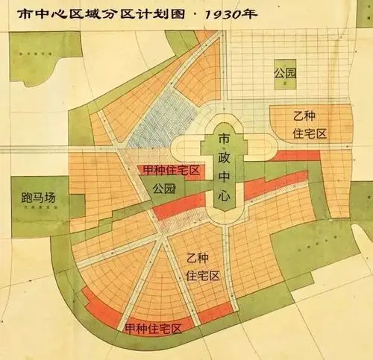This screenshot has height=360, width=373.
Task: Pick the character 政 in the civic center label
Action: [224, 158]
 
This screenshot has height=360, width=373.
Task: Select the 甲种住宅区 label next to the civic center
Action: [170, 171]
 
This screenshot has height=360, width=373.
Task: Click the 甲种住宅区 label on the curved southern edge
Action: [154, 327]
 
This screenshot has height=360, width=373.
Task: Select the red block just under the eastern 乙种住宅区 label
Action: [295, 156]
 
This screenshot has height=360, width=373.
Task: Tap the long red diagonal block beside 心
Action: [275, 186]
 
